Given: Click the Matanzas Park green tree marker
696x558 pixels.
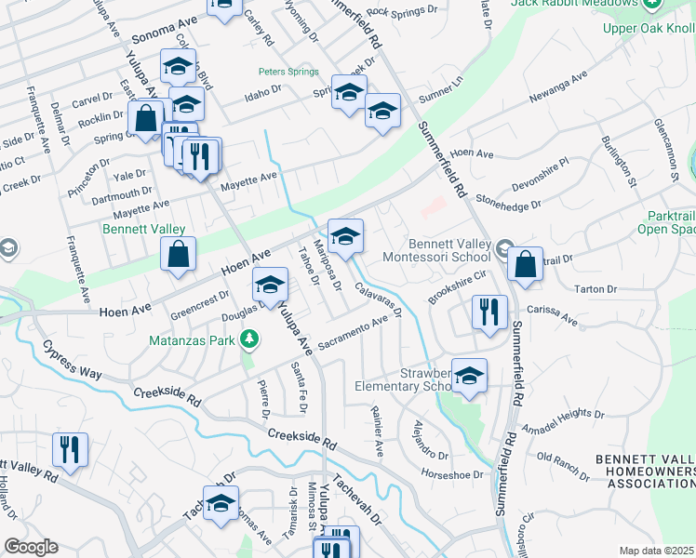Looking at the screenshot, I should click(x=248, y=340).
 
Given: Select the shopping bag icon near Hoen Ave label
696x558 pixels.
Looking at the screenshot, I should click(x=178, y=254).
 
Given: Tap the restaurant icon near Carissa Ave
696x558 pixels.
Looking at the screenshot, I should click(x=489, y=312).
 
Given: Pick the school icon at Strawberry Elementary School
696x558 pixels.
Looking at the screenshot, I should click(x=470, y=376).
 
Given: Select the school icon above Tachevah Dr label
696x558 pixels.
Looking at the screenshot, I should click(x=221, y=505).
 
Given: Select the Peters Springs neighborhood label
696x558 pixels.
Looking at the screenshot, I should click(x=288, y=72).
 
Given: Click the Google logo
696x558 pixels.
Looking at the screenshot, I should click(x=32, y=547).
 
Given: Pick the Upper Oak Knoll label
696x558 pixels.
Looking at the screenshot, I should click(x=649, y=29).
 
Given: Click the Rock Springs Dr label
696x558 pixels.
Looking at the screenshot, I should click(x=402, y=11).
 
